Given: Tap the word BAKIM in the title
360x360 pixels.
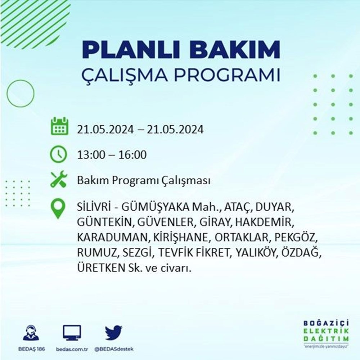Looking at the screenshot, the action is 235,50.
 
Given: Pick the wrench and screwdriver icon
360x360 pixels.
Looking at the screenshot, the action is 59,179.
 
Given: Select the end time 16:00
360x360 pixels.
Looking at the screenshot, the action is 132,155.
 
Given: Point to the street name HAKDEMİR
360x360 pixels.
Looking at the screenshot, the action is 265,222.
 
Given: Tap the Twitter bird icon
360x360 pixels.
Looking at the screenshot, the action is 114,332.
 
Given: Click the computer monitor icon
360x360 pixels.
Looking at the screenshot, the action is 72,333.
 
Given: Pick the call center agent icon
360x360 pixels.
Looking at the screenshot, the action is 31,333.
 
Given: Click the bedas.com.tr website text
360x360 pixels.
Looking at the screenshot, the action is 72,349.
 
